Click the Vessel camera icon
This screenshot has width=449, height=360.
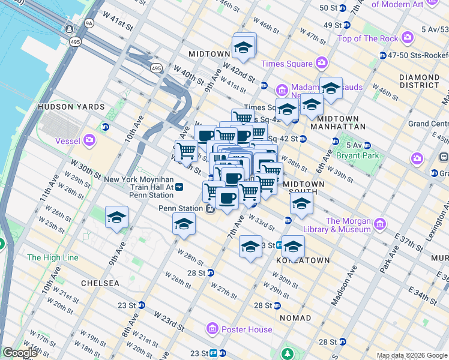click(x=89, y=141)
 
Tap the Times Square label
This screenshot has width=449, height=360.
click(x=286, y=64)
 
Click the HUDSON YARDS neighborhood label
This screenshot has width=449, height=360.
click(x=71, y=107)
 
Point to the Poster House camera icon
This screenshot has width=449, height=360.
click(x=212, y=328)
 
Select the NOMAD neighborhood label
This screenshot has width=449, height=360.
click(x=295, y=317)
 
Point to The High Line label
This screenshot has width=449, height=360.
click(x=53, y=257)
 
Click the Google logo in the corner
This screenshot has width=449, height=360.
click(x=20, y=353)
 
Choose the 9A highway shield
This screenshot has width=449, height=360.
click(x=89, y=24)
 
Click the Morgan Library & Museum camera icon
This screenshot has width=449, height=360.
click(x=379, y=225)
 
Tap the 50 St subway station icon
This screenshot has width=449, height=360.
click(x=343, y=8)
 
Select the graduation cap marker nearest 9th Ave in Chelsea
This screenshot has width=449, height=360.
click(x=116, y=218)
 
